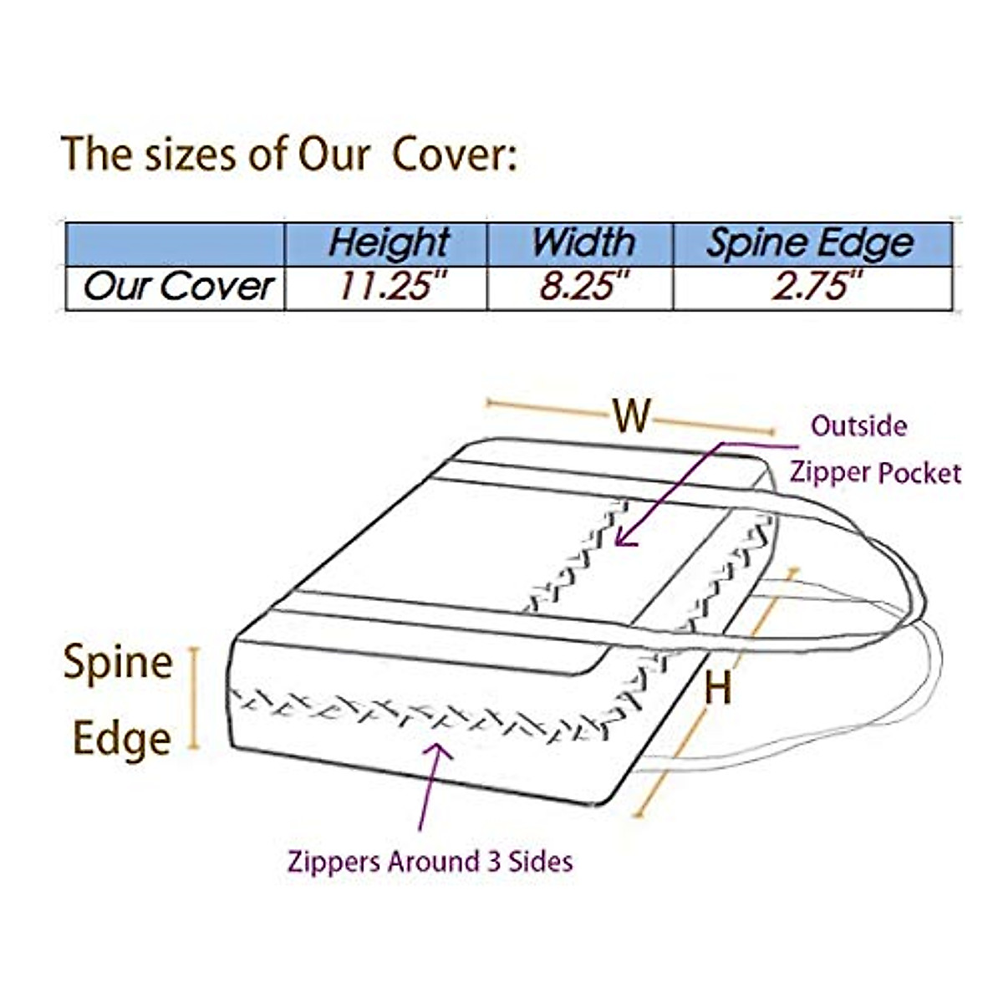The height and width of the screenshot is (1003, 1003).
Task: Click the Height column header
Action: [388, 243]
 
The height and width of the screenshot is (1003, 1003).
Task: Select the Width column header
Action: [583, 243]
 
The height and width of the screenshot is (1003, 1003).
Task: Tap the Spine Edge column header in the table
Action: [810, 243]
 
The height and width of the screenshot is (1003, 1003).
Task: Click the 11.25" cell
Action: [388, 288]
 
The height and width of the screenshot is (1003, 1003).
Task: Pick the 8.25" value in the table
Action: [583, 288]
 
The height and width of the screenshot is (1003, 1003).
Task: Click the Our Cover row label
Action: [178, 288]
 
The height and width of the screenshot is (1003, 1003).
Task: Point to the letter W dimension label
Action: [631, 415]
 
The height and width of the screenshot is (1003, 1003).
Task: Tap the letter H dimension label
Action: [718, 688]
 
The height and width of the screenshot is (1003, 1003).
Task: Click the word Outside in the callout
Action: [858, 426]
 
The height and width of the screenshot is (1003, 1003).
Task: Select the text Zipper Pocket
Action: [875, 473]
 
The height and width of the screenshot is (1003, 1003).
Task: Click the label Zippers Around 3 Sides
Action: [430, 862]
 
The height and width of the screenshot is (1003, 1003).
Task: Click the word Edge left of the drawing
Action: [122, 739]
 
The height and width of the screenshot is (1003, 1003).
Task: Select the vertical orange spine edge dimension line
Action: [196, 698]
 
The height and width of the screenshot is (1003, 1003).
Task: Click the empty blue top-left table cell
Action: [175, 243]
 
